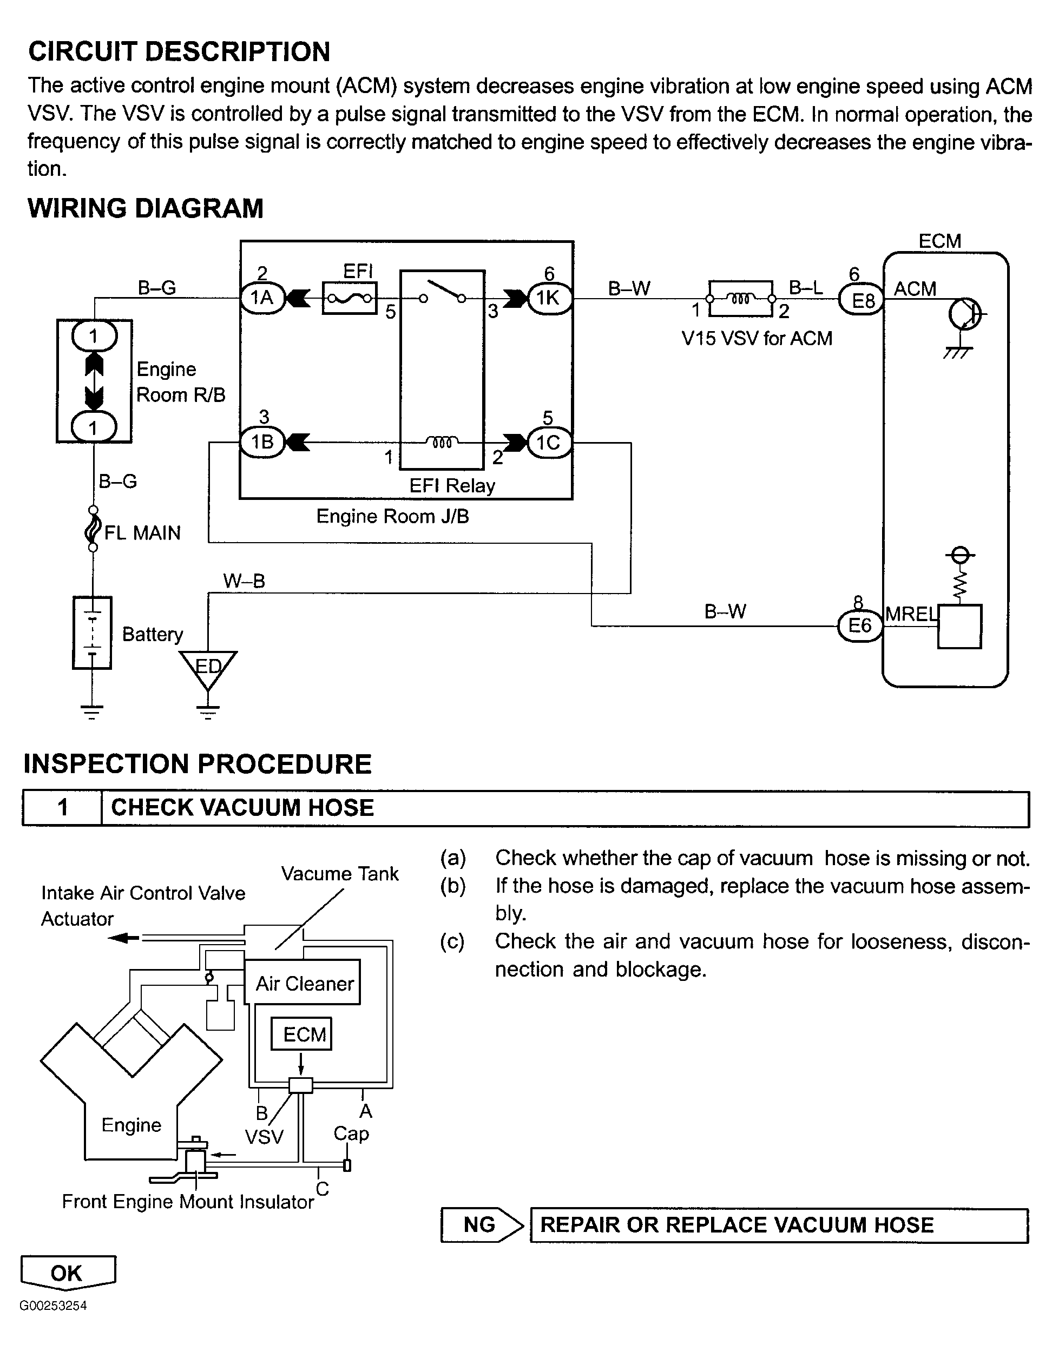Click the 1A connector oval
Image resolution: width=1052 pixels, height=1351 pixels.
(x=262, y=298)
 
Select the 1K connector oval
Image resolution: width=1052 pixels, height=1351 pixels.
(x=548, y=298)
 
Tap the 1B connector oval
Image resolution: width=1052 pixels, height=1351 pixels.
(x=262, y=441)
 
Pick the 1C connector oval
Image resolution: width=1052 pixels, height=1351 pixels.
(x=548, y=442)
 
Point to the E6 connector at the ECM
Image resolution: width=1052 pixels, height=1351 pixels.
(x=859, y=625)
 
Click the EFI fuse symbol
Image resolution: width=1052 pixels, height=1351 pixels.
(x=350, y=299)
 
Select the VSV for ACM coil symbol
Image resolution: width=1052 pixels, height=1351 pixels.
(x=741, y=299)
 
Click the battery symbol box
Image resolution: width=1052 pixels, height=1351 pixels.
(x=92, y=632)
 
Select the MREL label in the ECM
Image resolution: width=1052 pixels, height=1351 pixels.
(x=911, y=614)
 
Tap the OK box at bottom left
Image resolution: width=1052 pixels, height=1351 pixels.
(x=67, y=1273)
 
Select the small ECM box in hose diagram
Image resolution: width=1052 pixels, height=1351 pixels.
(x=302, y=1034)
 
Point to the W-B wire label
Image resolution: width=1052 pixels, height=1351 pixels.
(x=245, y=581)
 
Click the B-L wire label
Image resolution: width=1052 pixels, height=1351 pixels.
(x=806, y=288)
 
